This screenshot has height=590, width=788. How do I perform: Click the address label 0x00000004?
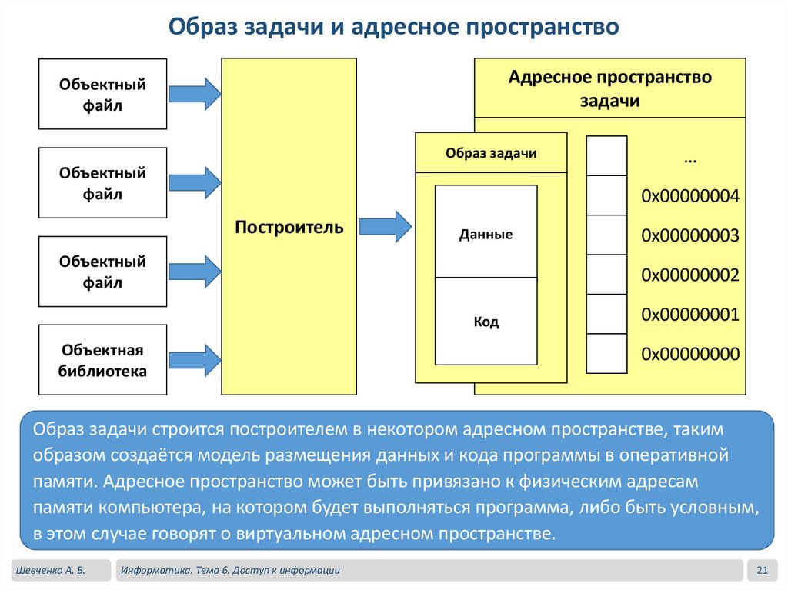(x=689, y=196)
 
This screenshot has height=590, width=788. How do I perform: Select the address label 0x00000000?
(x=689, y=354)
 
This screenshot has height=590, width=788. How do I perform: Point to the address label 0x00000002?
(x=689, y=275)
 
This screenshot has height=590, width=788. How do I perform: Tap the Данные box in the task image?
(x=486, y=234)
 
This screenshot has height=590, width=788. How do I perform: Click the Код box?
(x=486, y=322)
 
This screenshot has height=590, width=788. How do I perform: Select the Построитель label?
(x=289, y=228)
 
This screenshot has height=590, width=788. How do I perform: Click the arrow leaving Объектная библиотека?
(x=195, y=360)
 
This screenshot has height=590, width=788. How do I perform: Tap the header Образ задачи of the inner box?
(x=491, y=153)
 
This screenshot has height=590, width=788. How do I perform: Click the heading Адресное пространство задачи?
(x=610, y=89)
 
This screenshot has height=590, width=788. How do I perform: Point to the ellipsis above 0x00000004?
(x=689, y=158)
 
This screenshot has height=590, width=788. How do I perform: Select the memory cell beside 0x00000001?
(x=606, y=314)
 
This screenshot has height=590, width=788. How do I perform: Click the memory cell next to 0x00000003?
(x=606, y=235)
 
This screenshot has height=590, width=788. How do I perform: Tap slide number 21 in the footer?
(x=763, y=570)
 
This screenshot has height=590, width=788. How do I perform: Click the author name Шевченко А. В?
(x=50, y=570)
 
